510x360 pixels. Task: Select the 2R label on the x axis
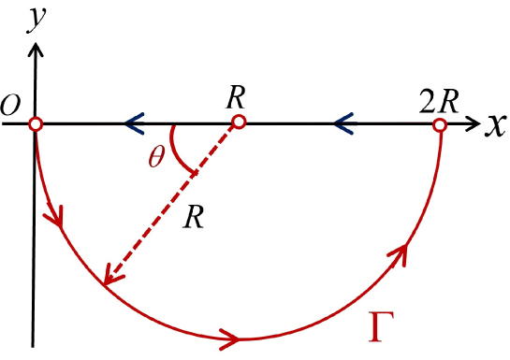coord(439,99)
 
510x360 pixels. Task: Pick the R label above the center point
coord(236,98)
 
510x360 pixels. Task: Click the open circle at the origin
coord(35,123)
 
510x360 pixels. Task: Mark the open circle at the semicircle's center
coord(238,123)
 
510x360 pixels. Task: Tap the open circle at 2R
coord(440,123)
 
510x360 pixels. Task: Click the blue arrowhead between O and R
coord(132,122)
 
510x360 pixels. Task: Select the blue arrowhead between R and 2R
coord(343,122)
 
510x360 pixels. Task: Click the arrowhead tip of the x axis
coord(479,123)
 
